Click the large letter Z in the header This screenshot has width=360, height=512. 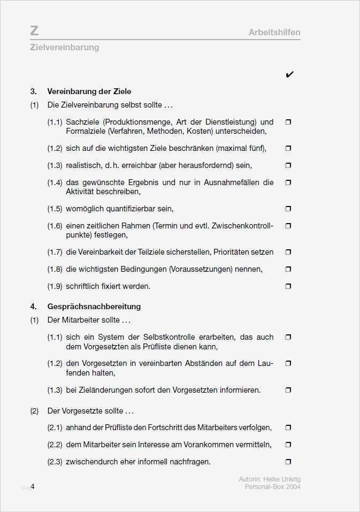[35, 30]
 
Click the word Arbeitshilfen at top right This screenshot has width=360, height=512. [274, 32]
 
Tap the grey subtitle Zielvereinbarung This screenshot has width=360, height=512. [65, 47]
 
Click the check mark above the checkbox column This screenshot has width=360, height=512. [289, 74]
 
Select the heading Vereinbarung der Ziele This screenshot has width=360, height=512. [89, 91]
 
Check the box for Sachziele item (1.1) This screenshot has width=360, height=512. [288, 122]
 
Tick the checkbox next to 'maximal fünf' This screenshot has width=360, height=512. [288, 148]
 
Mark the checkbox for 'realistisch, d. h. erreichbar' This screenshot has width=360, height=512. [288, 165]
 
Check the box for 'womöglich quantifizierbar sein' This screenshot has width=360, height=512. [288, 209]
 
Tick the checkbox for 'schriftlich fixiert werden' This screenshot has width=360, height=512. [288, 286]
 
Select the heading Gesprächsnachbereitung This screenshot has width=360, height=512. [94, 307]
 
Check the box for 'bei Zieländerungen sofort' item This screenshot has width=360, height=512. [288, 390]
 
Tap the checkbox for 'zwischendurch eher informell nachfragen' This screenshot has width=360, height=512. [288, 462]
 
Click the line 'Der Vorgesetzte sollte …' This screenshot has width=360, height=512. [90, 411]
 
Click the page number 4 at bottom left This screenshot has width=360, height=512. [33, 486]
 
